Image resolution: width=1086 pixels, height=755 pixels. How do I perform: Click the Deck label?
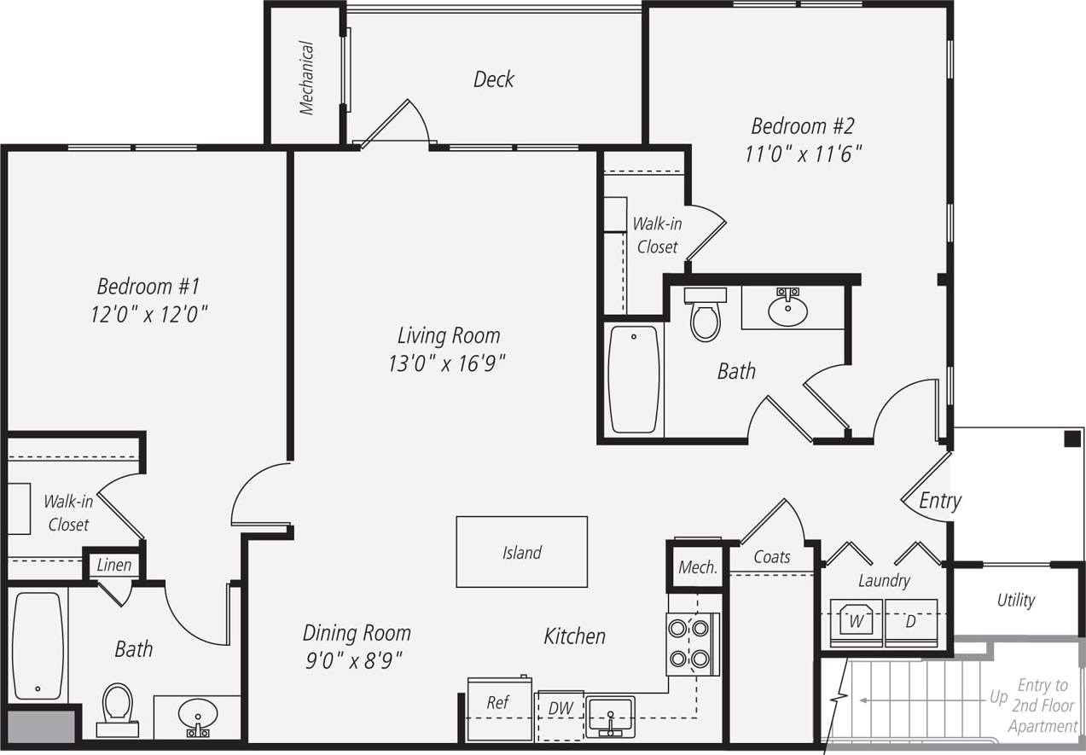494,79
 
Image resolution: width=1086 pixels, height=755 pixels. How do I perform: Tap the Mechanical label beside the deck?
307,78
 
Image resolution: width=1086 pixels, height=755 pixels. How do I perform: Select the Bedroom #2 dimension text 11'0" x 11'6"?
802,154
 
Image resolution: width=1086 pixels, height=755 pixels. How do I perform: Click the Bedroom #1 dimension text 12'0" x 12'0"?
149,315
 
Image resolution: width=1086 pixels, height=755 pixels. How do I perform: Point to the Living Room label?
449,334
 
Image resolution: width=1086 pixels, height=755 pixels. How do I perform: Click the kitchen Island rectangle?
521,552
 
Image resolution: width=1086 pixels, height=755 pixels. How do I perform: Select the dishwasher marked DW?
560,708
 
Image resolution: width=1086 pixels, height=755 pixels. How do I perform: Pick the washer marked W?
857,621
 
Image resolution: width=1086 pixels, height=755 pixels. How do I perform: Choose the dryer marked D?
911,621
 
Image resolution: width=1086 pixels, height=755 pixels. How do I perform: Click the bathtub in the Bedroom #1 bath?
38,644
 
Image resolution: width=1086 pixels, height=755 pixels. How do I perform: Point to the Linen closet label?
113,565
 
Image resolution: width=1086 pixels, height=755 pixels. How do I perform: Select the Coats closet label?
771,557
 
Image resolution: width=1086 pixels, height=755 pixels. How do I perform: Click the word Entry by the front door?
940,501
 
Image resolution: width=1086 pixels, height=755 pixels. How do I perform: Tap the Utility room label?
1015,600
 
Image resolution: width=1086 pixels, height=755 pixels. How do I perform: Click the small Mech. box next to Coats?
697,567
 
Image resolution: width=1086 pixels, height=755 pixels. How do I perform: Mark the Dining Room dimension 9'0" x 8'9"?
353,659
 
